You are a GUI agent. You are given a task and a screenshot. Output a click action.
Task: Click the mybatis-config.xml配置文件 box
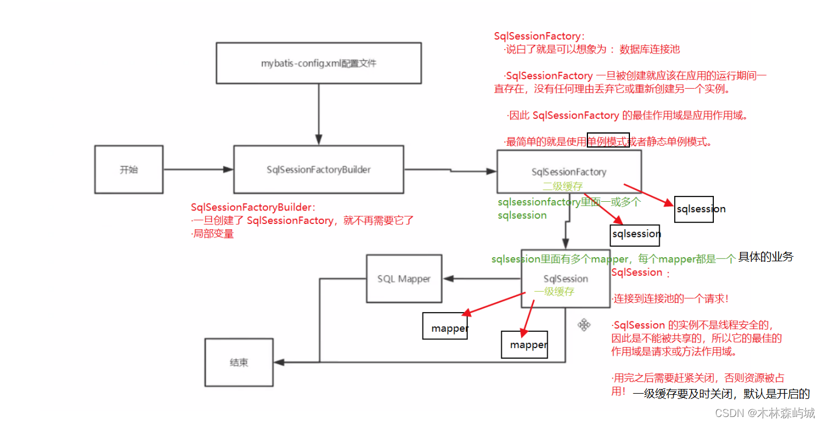(318, 62)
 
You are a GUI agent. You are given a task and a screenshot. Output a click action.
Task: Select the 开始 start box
(129, 170)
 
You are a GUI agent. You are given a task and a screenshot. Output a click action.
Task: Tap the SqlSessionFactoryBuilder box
(318, 170)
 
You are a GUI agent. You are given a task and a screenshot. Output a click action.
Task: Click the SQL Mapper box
(403, 279)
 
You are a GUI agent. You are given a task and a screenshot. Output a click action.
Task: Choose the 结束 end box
(238, 362)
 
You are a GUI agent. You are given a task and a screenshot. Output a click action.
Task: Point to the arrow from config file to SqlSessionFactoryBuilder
(318, 114)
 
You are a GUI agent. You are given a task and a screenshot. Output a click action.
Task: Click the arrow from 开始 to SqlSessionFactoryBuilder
(198, 170)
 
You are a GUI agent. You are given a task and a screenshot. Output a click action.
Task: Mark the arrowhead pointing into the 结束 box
(279, 362)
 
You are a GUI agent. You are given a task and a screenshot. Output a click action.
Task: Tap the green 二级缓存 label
(562, 187)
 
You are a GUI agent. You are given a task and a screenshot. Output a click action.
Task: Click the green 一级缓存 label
(554, 292)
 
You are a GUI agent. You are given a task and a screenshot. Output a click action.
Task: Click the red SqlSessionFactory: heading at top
(539, 36)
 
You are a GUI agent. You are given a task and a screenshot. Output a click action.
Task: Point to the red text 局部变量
(213, 234)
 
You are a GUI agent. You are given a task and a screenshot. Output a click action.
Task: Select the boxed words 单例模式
(608, 141)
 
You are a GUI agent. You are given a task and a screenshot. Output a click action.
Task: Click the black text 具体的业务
(766, 257)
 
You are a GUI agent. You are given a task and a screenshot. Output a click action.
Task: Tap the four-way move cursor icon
(584, 325)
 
